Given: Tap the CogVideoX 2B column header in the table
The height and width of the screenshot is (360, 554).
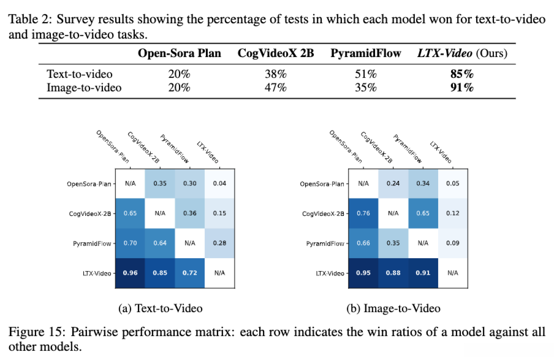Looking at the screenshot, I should coord(276,53).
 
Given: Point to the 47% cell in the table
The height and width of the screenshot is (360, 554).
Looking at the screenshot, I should coord(276,88).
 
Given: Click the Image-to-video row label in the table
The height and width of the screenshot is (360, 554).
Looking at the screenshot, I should coord(84,88).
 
